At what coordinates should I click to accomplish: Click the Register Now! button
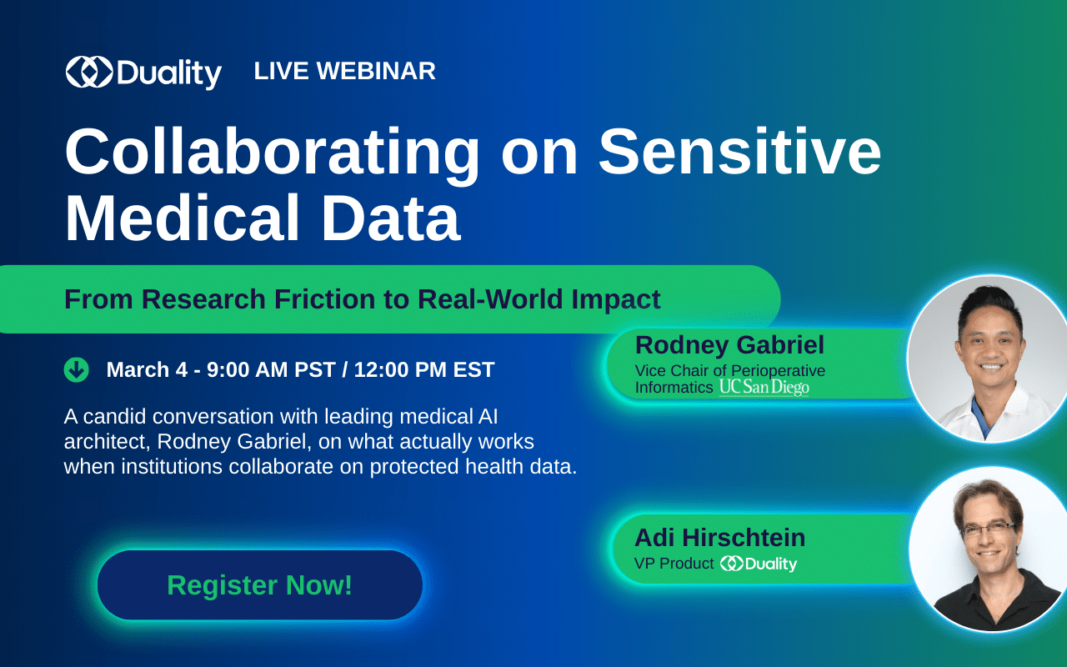[x=259, y=585]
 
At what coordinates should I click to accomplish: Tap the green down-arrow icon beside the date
[x=76, y=369]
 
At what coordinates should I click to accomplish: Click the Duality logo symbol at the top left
[x=89, y=72]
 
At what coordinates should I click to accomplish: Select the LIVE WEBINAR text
[x=344, y=71]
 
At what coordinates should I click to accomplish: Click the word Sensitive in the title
[x=739, y=152]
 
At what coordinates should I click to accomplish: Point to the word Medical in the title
[x=182, y=218]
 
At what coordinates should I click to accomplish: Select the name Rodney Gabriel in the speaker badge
[x=729, y=345]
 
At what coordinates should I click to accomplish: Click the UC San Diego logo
[x=764, y=388]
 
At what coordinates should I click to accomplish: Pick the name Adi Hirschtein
[x=719, y=538]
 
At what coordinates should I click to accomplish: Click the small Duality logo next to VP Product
[x=759, y=564]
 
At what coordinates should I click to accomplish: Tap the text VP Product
[x=674, y=564]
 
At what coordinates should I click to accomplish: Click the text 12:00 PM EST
[x=424, y=369]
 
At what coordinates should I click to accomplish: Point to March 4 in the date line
[x=147, y=369]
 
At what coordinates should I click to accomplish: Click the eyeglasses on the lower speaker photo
[x=989, y=529]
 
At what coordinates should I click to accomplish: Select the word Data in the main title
[x=391, y=218]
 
